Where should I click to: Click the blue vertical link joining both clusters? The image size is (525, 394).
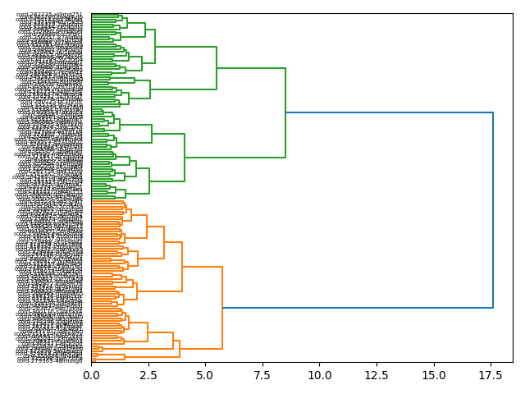click(x=493, y=210)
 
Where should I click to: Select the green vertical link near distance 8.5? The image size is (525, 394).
click(x=285, y=112)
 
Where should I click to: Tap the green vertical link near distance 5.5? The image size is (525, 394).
click(x=217, y=68)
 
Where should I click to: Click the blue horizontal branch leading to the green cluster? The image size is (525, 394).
click(x=390, y=112)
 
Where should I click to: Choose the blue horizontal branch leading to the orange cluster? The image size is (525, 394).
click(x=358, y=308)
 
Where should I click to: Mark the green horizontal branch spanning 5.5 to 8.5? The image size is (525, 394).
click(x=251, y=68)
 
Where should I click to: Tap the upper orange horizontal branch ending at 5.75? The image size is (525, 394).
click(x=202, y=267)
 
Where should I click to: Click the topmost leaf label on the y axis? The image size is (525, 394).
click(x=49, y=14)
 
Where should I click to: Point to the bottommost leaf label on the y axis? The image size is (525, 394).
click(x=49, y=361)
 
